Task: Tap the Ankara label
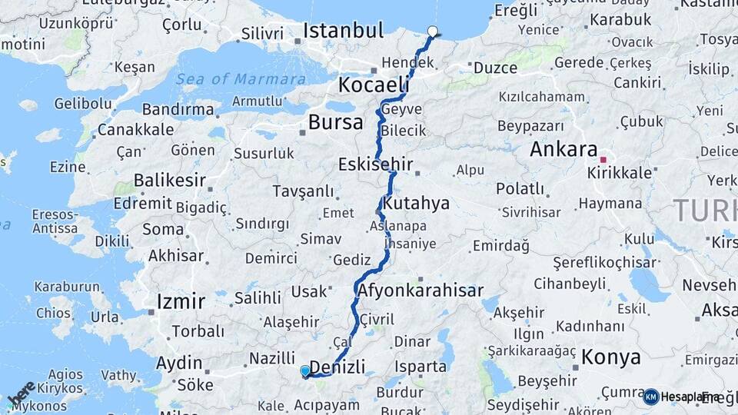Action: coord(563,149)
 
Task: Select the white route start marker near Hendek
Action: coord(432,32)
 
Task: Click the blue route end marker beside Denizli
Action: coord(305,371)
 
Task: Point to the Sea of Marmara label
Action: coord(240,79)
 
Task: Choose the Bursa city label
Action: coord(335,122)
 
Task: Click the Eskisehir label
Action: coord(376,164)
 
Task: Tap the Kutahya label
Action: coord(416,204)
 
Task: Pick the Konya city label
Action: coord(611,357)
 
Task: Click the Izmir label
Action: coord(181,300)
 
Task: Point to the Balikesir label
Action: coord(170,181)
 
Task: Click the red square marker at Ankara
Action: coord(603,160)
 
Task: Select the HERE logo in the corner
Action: coord(21,393)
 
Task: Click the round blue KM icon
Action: coord(650,397)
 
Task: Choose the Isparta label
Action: coord(421,367)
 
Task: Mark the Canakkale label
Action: coord(135,129)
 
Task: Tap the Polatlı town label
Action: coord(520,189)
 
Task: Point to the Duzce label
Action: coord(495,68)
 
